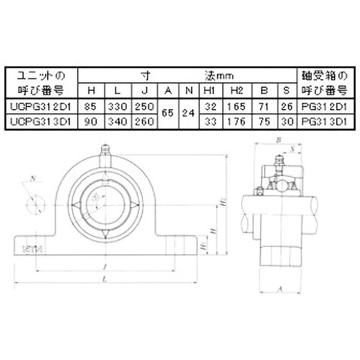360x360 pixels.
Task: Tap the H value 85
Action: tap(91, 107)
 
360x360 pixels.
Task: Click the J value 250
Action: tap(144, 107)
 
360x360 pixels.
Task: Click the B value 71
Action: tap(264, 107)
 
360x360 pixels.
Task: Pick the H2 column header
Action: tap(237, 90)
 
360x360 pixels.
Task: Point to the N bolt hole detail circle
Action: tap(36, 205)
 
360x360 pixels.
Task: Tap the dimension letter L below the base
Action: tap(104, 280)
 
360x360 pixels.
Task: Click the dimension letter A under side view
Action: tap(279, 290)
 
